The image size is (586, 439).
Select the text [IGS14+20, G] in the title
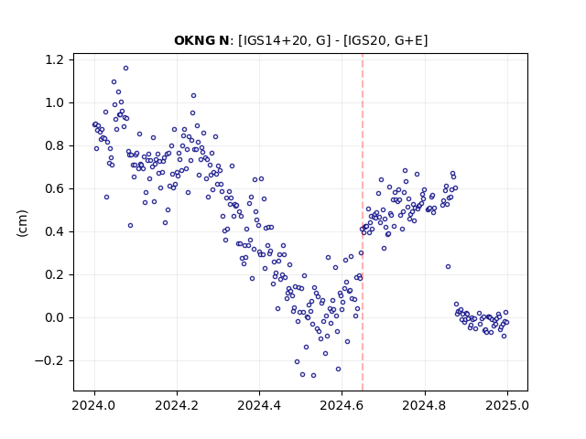[x=284, y=40]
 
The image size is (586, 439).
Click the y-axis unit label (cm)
[x=22, y=223]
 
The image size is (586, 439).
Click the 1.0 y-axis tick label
[x=59, y=102]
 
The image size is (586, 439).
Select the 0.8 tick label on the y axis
[x=59, y=145]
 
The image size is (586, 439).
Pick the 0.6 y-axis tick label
[x=59, y=189]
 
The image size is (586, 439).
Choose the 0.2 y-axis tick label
[x=59, y=274]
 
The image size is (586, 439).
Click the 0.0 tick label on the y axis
[x=59, y=317]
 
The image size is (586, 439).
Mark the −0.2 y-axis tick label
[x=54, y=360]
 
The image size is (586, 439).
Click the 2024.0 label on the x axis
[x=94, y=405]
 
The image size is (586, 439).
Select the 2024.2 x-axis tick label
[x=177, y=405]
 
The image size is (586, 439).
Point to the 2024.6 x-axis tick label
[x=342, y=405]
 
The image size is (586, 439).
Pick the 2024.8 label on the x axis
[x=425, y=405]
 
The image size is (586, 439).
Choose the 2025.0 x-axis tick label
[x=507, y=405]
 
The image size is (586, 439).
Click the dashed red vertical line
[x=363, y=222]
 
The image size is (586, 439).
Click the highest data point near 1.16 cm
[x=126, y=69]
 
